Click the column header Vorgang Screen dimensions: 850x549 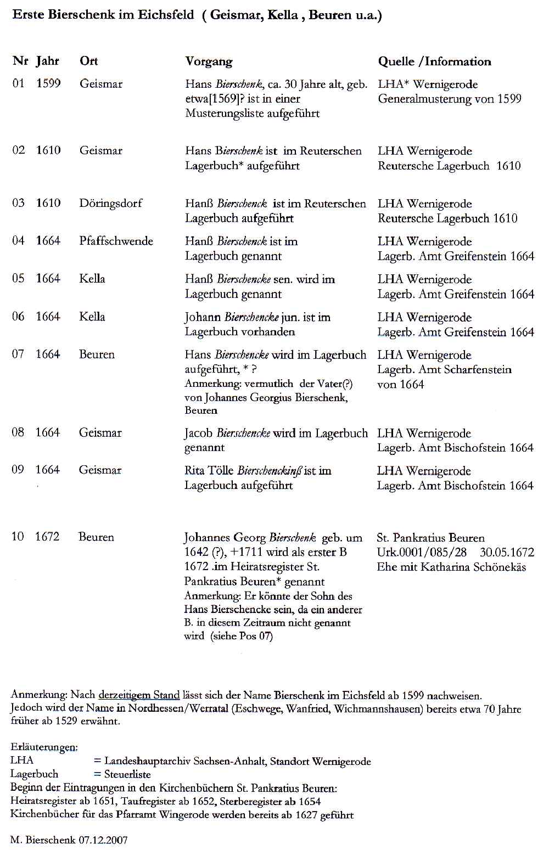(209, 61)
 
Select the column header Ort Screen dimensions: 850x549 (88, 61)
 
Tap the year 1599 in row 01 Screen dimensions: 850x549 (48, 83)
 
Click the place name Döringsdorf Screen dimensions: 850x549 (110, 203)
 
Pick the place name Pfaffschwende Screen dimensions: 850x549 (116, 241)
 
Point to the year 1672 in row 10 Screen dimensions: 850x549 (47, 537)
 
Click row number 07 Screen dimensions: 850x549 (18, 354)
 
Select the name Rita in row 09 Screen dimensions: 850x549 (194, 471)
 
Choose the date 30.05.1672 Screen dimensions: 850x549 (507, 553)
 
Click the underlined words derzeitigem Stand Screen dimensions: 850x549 (139, 695)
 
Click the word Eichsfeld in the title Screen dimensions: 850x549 (165, 15)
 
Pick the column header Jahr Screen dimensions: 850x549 (48, 61)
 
